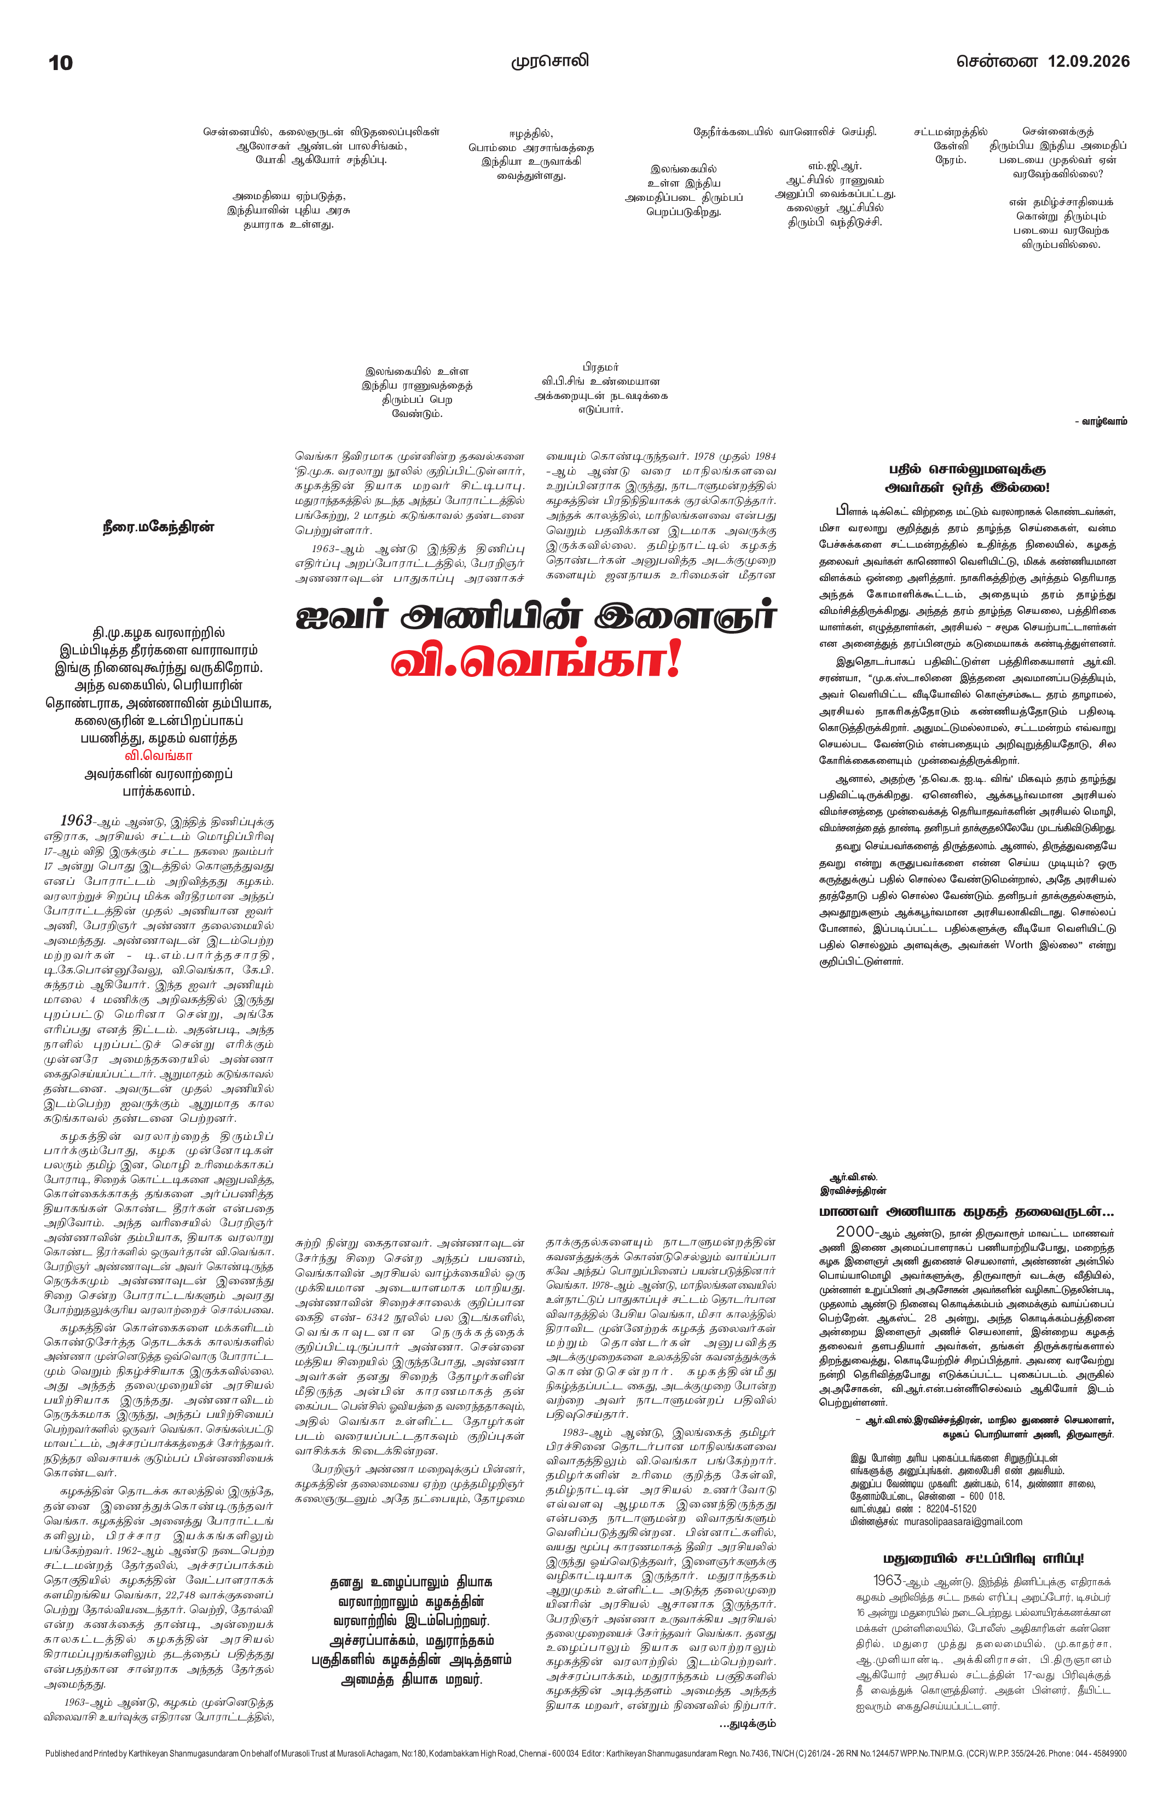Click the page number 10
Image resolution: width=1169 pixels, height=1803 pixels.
click(61, 63)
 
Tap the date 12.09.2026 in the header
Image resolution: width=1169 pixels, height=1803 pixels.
click(1088, 61)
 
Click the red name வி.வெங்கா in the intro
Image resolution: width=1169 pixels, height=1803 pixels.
click(158, 755)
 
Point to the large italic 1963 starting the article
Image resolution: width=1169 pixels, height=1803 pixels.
click(77, 820)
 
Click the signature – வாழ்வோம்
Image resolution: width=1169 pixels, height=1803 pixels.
click(1100, 421)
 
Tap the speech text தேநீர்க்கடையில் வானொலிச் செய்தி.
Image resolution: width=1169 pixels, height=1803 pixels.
click(785, 132)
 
